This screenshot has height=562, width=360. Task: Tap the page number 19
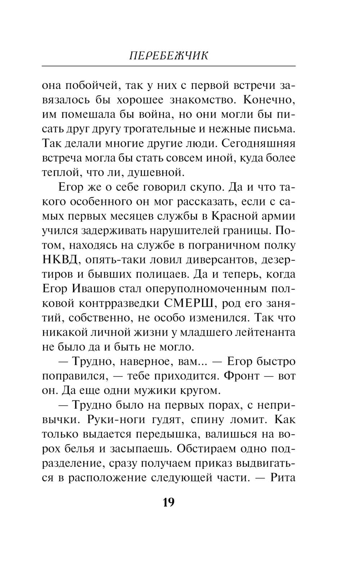tap(168, 502)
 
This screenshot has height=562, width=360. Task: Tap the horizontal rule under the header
tap(168, 66)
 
